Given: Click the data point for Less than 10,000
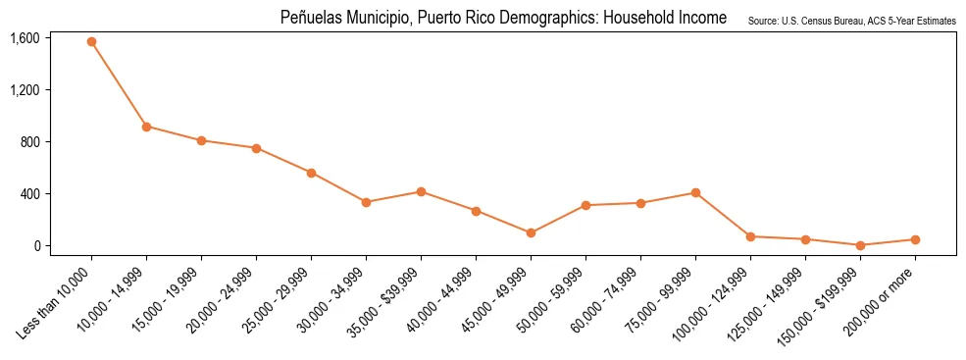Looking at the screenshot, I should click(x=91, y=42).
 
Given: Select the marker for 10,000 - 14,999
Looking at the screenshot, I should click(x=146, y=127).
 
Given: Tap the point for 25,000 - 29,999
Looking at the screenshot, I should click(x=311, y=173).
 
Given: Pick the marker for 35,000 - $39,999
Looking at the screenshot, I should click(x=421, y=191).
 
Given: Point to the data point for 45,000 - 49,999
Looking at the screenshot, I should click(x=531, y=232).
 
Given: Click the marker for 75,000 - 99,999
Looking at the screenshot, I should click(x=695, y=192).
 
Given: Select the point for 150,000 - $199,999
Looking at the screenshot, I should click(x=860, y=245).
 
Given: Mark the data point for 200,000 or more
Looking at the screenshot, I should click(x=915, y=239).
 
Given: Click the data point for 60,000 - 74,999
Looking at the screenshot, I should click(x=640, y=203).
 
